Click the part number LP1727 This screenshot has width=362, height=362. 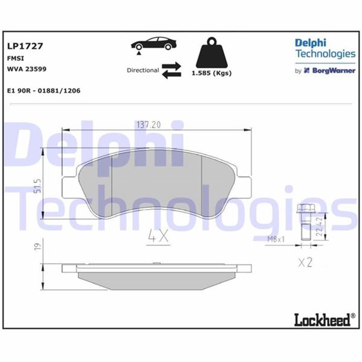pos(25,46)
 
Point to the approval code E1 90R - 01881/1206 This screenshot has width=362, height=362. pos(43,91)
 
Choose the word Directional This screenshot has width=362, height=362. pos(143,70)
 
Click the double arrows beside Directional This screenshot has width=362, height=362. pos(171,71)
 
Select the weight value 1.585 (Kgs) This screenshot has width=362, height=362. pos(212,73)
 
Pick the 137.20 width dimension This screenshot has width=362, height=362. pos(148,125)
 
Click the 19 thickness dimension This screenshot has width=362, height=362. pos(37,246)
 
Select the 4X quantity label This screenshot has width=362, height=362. pos(158,236)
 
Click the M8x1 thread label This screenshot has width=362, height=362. pos(276,240)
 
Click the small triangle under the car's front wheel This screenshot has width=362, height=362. pos(139,53)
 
